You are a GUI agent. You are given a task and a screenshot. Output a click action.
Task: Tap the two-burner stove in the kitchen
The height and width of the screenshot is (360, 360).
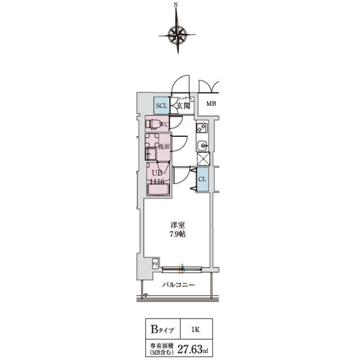coord(202,128)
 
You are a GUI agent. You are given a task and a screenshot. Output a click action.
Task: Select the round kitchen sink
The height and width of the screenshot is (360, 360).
coord(202,145)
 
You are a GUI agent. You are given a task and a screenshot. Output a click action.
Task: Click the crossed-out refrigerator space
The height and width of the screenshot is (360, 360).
coord(203,159)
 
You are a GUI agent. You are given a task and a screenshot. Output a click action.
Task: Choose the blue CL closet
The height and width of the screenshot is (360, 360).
coord(203,179)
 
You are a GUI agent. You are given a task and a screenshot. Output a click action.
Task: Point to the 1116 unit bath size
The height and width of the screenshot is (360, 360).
coord(157,181)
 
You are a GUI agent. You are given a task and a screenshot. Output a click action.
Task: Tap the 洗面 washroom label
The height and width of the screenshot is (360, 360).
coord(164,146)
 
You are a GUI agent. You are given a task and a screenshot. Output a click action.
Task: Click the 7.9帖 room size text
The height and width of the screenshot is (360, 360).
coord(176,234)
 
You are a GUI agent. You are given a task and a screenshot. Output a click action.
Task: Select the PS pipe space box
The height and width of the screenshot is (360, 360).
coord(154,263)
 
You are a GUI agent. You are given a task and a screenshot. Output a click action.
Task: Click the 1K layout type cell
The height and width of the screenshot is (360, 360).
coord(197,329)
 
